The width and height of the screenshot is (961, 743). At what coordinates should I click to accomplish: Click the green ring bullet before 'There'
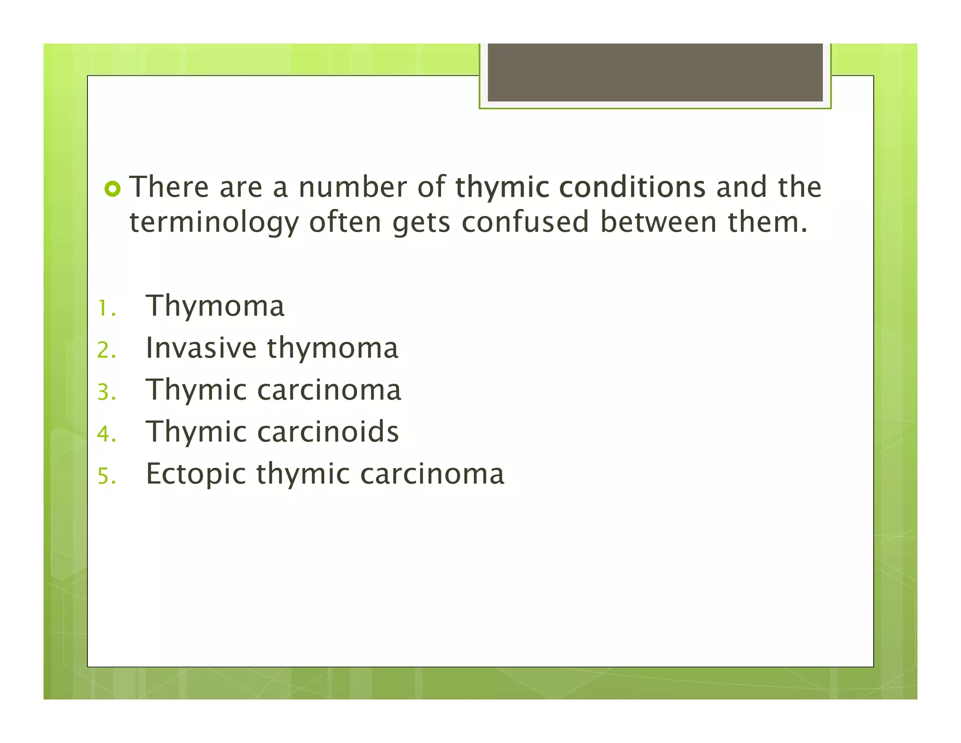click(113, 189)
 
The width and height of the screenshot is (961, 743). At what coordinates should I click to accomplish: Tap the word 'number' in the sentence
click(353, 187)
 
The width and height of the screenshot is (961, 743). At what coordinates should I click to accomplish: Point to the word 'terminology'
click(214, 223)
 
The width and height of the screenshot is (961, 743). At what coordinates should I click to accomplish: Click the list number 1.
click(106, 309)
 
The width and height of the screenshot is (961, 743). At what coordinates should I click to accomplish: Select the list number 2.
click(106, 350)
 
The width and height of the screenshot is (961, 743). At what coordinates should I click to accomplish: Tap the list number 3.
click(106, 392)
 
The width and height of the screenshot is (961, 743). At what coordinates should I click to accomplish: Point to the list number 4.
click(106, 434)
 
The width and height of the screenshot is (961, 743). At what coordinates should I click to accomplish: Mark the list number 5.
click(106, 476)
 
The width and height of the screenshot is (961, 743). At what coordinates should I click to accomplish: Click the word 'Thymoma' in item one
click(215, 306)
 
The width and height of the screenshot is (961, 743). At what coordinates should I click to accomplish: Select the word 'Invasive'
click(201, 348)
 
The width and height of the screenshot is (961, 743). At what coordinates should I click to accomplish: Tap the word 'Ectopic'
click(196, 474)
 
